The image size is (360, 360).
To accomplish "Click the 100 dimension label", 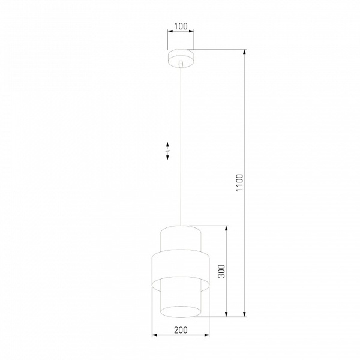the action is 181,26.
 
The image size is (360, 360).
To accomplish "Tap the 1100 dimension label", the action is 239,183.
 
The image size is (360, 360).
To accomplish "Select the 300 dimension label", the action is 221,271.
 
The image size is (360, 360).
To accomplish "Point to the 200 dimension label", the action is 181,330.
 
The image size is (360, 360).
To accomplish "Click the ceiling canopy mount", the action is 181,58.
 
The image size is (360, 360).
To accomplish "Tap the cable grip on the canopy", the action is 181,64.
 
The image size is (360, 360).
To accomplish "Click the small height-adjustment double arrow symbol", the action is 167,151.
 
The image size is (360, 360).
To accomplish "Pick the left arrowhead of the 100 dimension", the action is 170,31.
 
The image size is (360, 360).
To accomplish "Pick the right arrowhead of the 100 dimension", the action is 191,31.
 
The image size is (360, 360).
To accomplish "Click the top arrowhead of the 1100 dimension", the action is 245,52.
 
